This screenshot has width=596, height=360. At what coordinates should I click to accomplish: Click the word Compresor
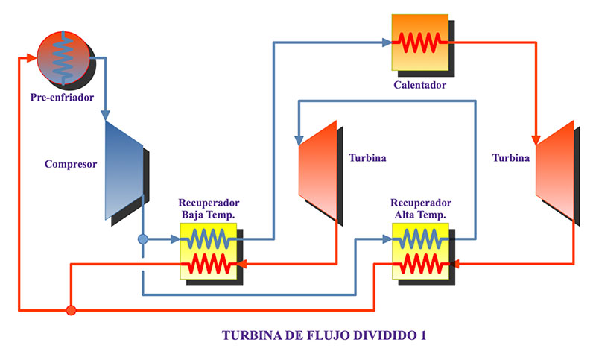71,165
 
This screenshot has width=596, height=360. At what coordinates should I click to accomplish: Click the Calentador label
420,85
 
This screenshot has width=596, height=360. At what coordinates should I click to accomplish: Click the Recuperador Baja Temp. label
209,209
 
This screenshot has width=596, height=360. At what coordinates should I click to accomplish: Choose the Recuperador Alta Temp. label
421,209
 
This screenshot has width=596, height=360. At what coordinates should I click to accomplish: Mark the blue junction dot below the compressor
143,239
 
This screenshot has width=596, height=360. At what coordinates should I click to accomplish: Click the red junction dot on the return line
71,309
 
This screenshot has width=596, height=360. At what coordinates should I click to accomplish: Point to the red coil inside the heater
420,42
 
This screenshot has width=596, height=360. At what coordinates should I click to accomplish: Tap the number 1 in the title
423,335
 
